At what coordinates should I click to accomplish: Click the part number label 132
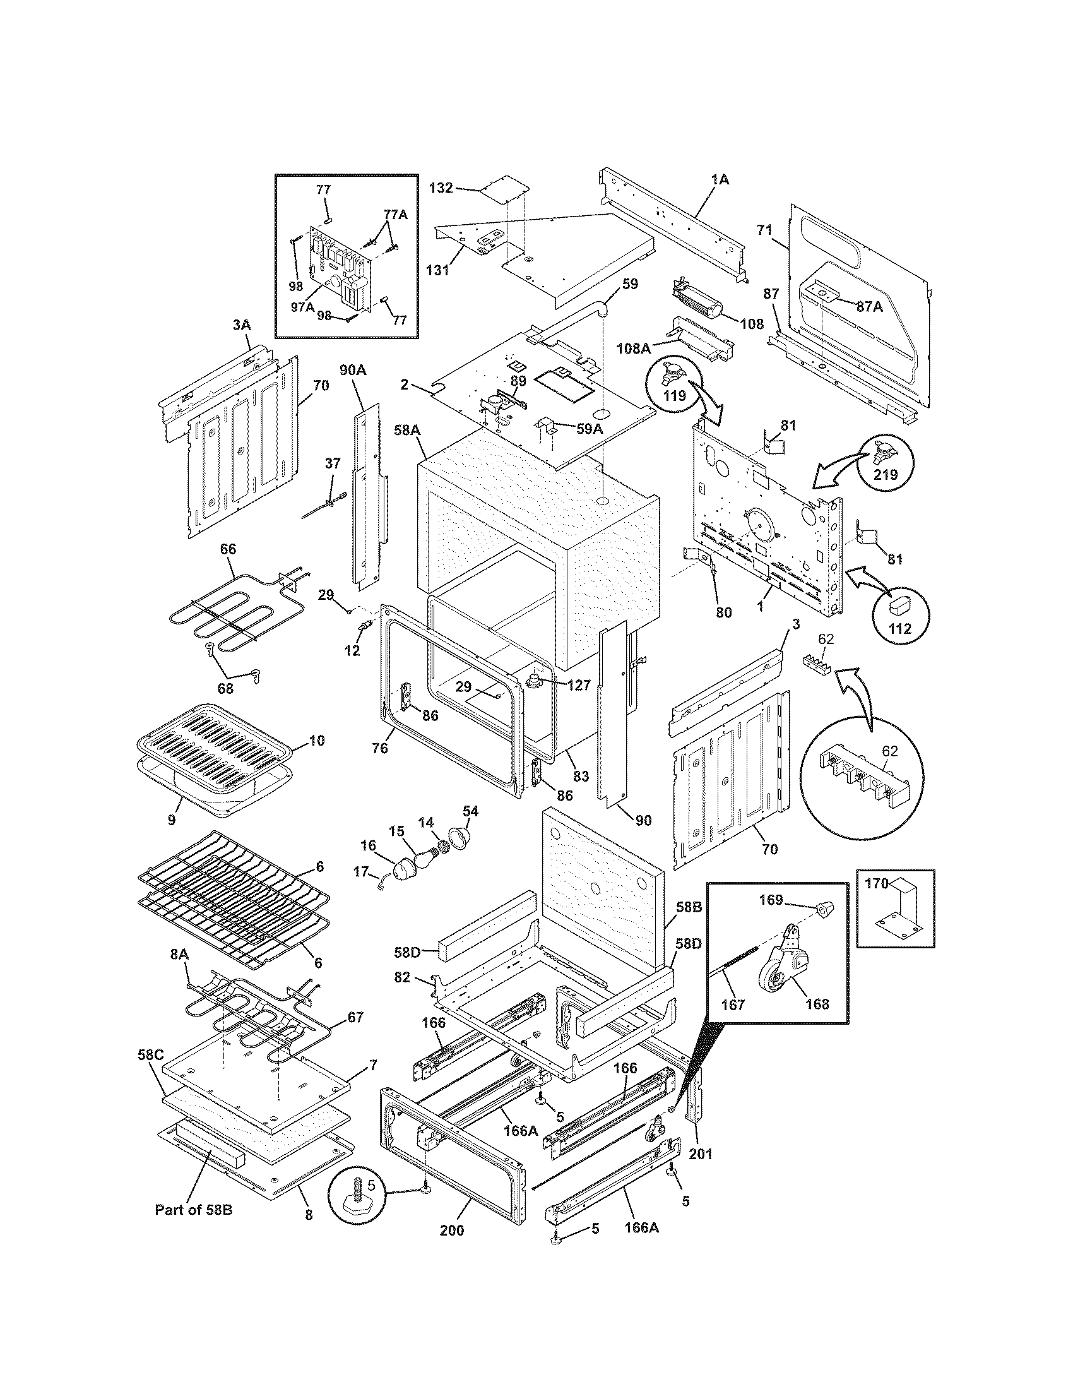tap(441, 188)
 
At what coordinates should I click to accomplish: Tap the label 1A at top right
tap(720, 180)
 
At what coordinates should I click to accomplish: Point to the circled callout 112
tap(899, 629)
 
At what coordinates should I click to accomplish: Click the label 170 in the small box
tap(876, 883)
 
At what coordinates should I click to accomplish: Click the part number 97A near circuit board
tap(302, 307)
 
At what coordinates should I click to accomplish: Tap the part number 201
tap(700, 1153)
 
